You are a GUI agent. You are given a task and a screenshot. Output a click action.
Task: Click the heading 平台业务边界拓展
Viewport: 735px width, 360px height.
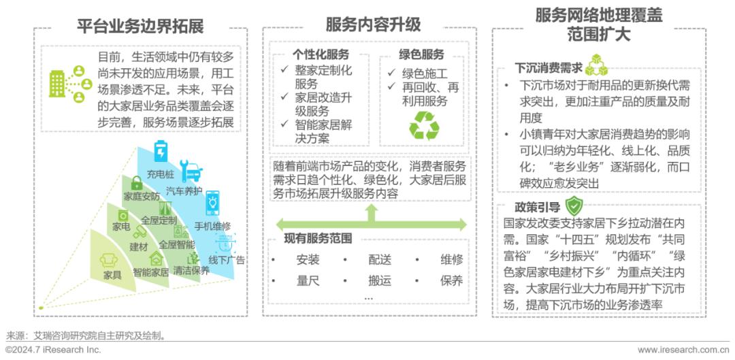[x=140, y=27]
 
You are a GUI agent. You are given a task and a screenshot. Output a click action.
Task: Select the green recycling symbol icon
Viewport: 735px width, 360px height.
[x=423, y=126]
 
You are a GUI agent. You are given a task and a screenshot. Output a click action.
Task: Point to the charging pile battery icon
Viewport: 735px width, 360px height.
[x=161, y=150]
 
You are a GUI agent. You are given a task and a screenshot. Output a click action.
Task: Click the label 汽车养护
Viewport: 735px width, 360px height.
[x=184, y=191]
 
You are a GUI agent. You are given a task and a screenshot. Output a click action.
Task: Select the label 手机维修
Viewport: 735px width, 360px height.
[x=212, y=226]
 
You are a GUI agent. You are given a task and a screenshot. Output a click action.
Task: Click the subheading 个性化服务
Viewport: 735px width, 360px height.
[x=321, y=54]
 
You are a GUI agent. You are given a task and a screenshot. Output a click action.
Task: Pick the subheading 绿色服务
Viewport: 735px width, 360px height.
[x=421, y=54]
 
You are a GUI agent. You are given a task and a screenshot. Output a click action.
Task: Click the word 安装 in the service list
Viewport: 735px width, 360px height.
[x=308, y=259]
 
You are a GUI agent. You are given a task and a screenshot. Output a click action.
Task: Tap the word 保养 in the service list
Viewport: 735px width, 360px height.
[x=451, y=280]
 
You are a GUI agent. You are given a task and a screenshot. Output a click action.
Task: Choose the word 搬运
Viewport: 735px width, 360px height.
[x=380, y=280]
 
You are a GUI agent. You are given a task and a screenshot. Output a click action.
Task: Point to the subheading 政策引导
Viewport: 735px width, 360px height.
[x=538, y=207]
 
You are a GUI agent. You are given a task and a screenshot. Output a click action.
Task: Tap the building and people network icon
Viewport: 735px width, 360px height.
[x=69, y=83]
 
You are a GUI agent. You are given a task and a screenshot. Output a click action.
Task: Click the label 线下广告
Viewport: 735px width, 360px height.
[x=227, y=260]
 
